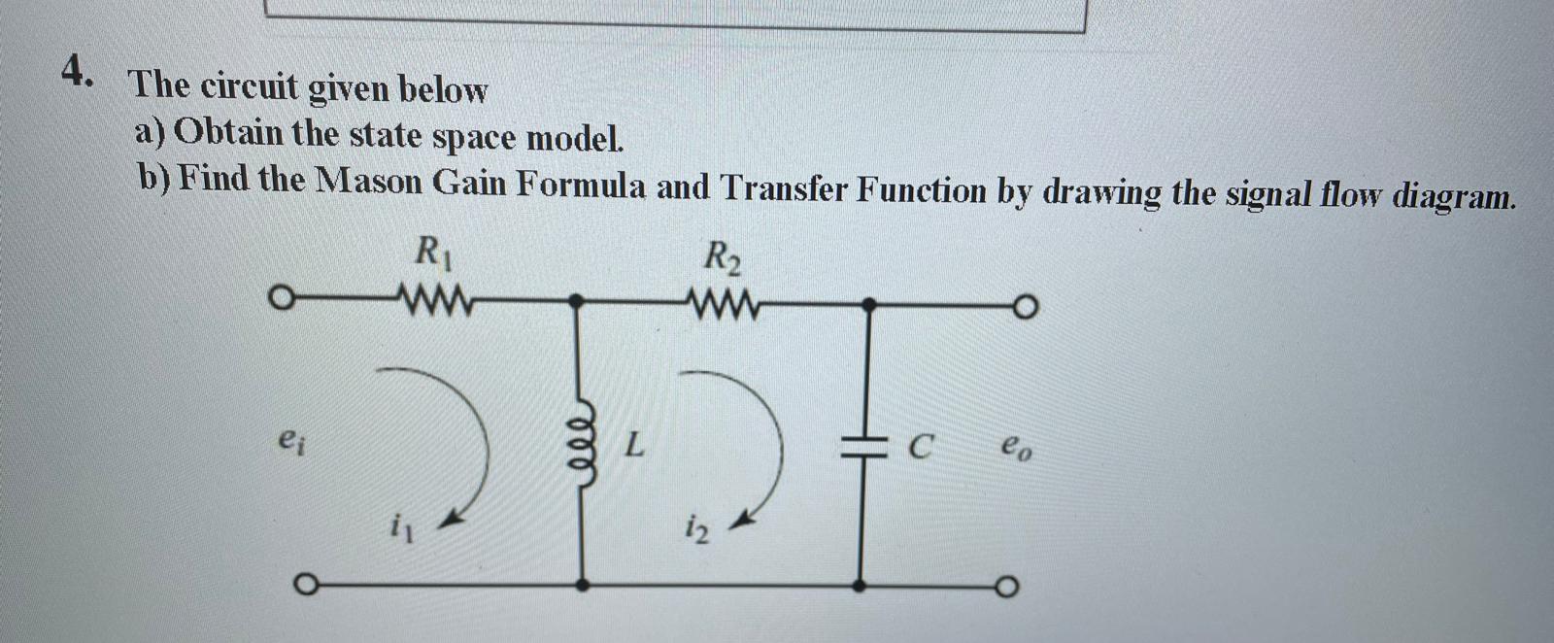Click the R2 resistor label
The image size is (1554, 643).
point(724,258)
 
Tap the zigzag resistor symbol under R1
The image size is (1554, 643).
point(434,295)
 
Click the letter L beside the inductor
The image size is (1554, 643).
point(633,447)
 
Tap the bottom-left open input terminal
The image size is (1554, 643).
point(304,585)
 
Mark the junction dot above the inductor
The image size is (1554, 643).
point(577,302)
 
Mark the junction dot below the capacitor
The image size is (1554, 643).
point(860,586)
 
